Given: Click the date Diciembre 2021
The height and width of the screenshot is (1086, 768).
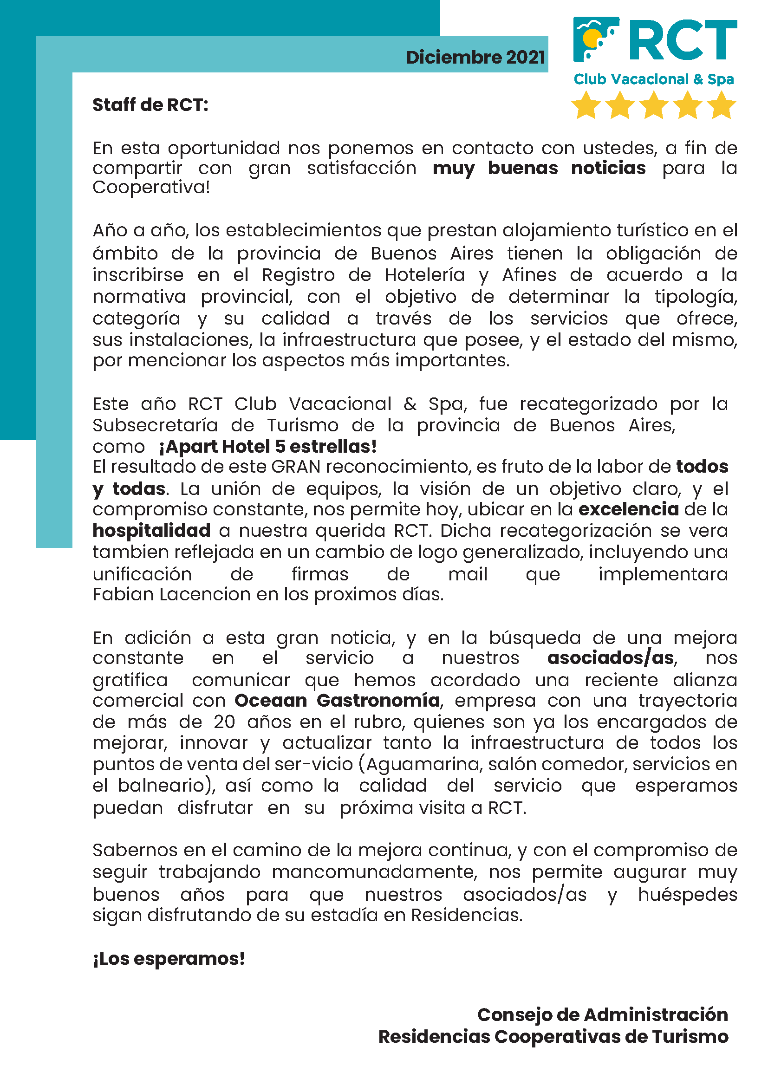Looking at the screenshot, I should [x=475, y=58].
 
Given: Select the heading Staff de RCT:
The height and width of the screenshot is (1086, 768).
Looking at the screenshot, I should [x=150, y=105].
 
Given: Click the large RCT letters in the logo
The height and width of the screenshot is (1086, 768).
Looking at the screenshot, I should [x=683, y=40].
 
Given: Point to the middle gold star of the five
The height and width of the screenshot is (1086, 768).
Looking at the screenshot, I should [x=654, y=105].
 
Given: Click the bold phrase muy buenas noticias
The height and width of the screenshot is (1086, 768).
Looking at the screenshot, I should [x=539, y=169].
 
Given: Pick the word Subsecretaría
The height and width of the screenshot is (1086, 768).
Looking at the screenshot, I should [x=155, y=426].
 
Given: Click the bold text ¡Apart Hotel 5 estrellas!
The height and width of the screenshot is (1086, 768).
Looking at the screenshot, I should [x=267, y=447].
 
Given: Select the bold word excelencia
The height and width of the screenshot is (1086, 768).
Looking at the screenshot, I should [x=629, y=509].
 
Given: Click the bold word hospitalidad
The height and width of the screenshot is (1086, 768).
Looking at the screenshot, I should [x=151, y=531].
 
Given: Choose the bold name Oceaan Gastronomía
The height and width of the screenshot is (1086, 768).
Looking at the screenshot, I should [x=337, y=701].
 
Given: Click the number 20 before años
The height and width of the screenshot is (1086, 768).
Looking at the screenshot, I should [x=224, y=722].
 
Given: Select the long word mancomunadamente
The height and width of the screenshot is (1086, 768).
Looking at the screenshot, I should [x=374, y=872].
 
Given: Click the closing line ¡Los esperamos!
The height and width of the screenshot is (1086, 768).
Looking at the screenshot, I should [x=169, y=959].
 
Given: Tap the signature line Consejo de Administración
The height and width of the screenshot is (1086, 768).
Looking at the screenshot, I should [x=603, y=1015].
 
